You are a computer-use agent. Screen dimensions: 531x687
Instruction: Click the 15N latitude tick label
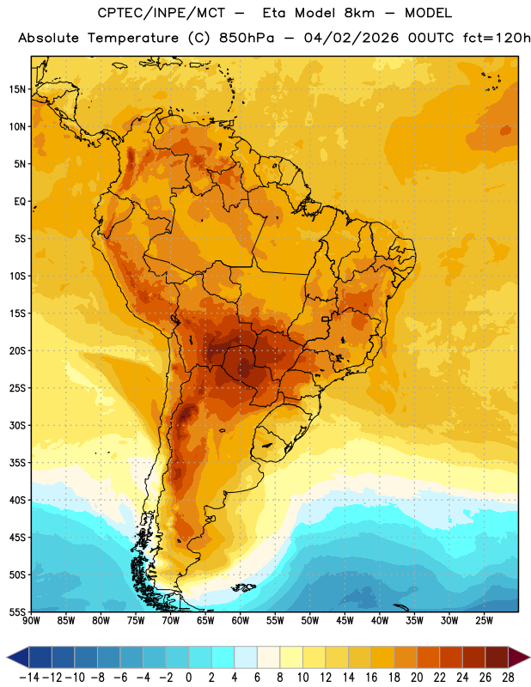[x=17, y=89]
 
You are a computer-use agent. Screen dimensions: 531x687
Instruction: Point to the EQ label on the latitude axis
[x=20, y=202]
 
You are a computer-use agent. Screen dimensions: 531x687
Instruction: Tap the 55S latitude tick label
[x=17, y=612]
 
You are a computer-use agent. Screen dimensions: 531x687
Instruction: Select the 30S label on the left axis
[x=17, y=425]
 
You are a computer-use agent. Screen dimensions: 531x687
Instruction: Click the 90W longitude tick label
[x=31, y=621]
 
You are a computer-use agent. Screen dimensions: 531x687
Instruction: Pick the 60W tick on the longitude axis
[x=241, y=621]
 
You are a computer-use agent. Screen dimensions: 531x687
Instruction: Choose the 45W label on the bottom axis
[x=345, y=621]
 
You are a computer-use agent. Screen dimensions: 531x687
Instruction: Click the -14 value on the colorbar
[x=29, y=678]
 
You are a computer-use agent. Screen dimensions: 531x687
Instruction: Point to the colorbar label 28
[x=508, y=678]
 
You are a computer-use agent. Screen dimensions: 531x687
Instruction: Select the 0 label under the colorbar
[x=188, y=678]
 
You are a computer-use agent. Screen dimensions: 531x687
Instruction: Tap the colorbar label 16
[x=371, y=678]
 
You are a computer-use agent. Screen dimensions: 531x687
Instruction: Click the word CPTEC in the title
[x=114, y=13]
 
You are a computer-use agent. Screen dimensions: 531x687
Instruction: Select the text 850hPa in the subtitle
[x=247, y=38]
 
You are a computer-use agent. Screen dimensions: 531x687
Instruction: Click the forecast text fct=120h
[x=497, y=38]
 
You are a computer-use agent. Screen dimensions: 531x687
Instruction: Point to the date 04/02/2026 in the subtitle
[x=351, y=38]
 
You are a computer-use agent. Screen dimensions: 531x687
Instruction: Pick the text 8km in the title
[x=359, y=13]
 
